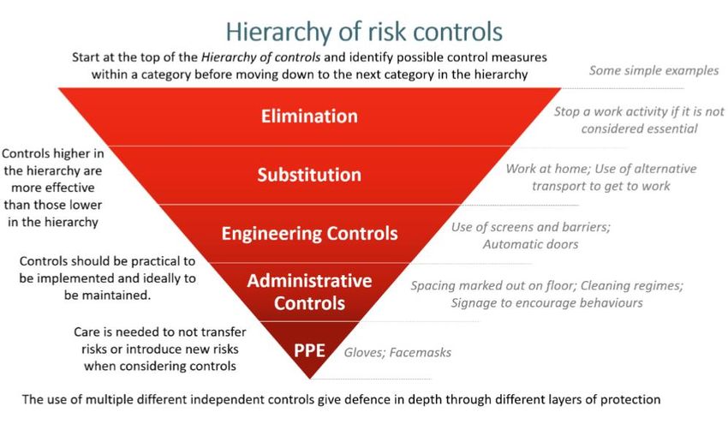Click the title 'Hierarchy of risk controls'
[364, 32]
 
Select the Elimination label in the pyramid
[309, 116]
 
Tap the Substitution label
[309, 175]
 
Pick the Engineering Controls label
[309, 233]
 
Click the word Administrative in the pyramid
[309, 280]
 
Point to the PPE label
[309, 350]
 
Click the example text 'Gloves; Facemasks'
[397, 353]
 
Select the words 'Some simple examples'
[653, 70]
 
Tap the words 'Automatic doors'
[530, 244]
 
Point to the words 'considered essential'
[639, 128]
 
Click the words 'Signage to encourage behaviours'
[546, 303]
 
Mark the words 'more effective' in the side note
[52, 188]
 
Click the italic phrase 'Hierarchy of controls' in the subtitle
[260, 57]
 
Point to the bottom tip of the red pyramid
[310, 379]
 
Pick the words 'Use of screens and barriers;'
[531, 227]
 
